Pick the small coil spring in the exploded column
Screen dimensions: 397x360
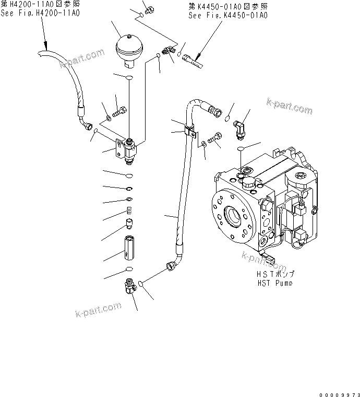click(x=129, y=211)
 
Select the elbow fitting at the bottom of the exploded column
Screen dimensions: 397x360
click(x=128, y=285)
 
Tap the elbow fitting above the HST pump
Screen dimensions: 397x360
click(x=241, y=129)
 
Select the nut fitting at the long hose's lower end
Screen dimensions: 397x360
click(x=170, y=267)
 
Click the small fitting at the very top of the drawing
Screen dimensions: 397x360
click(x=150, y=9)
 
